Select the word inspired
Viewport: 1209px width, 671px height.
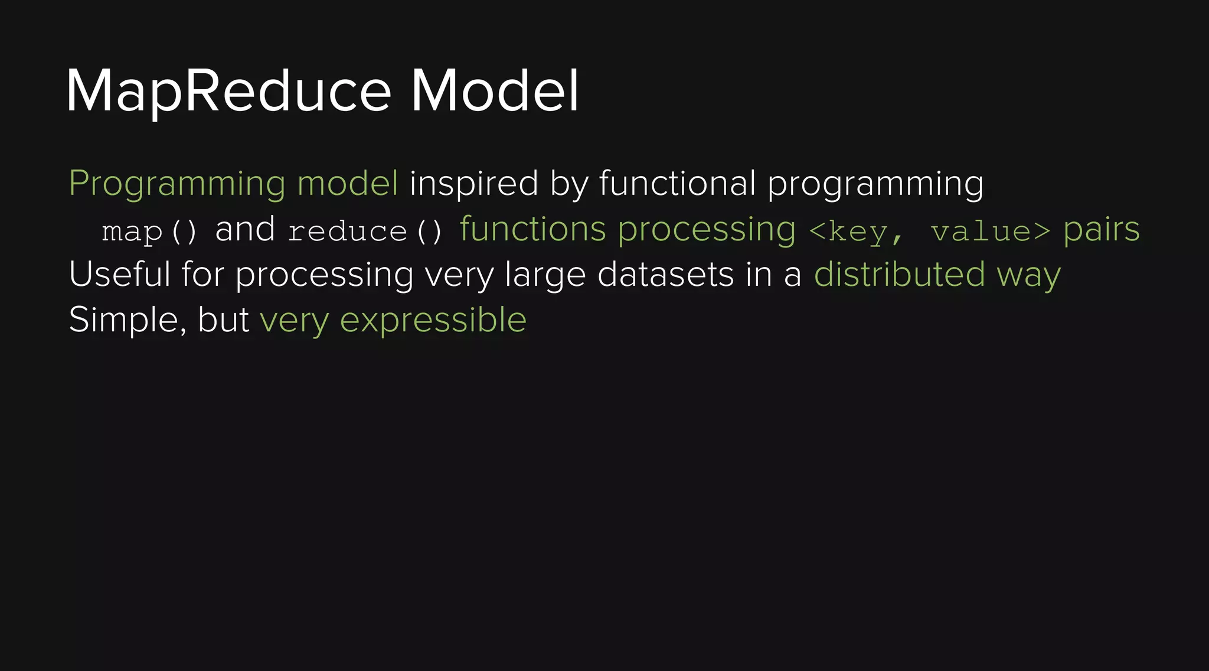pyautogui.click(x=473, y=183)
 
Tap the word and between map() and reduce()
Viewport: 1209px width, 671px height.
pyautogui.click(x=245, y=229)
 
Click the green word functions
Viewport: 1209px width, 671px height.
pyautogui.click(x=532, y=229)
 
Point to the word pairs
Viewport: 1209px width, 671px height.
pyautogui.click(x=1102, y=230)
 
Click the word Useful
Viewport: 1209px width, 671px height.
pyautogui.click(x=119, y=275)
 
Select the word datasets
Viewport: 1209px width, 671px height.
pyautogui.click(x=665, y=275)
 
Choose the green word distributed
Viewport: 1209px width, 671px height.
pyautogui.click(x=899, y=275)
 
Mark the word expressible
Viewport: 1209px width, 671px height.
pyautogui.click(x=433, y=321)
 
